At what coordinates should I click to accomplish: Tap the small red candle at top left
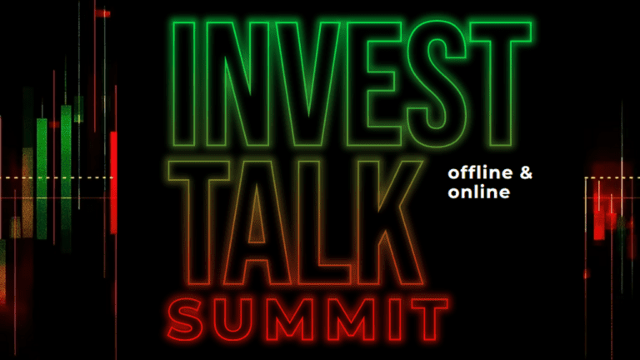coord(102,13)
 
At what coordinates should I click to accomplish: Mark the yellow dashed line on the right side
coord(612,178)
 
